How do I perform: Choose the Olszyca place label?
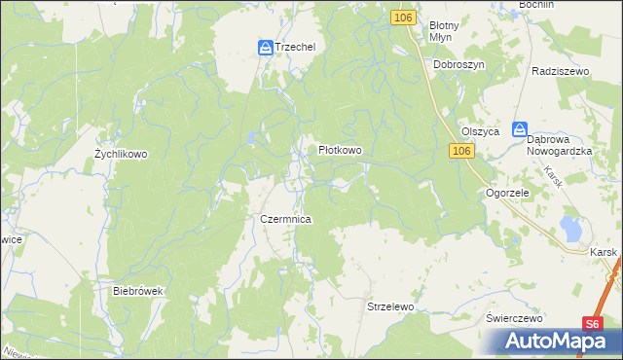[480, 131]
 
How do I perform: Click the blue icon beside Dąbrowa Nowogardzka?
[520, 129]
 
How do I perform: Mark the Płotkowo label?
[341, 151]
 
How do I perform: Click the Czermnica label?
[285, 220]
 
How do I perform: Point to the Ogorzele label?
[507, 194]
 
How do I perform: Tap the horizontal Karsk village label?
[605, 251]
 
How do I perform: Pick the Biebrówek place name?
[135, 291]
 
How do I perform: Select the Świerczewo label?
[515, 318]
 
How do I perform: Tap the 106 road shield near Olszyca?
[461, 151]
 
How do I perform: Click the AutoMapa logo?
[558, 342]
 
